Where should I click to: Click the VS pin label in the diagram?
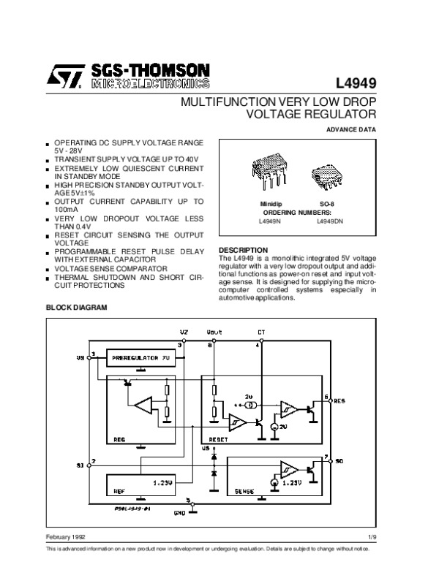click(80, 359)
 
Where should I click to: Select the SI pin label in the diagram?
click(80, 463)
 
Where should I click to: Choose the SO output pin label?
click(339, 462)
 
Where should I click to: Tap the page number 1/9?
click(371, 537)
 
